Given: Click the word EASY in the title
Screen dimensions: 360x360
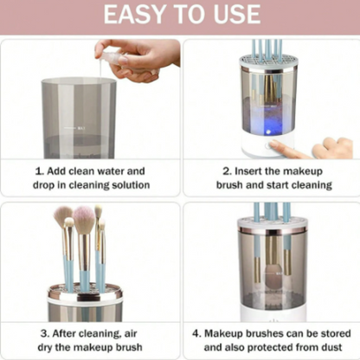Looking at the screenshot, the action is (x=134, y=15).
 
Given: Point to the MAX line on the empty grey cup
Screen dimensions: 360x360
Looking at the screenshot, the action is (x=74, y=127).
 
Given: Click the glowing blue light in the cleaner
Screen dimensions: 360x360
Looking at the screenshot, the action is (x=268, y=132).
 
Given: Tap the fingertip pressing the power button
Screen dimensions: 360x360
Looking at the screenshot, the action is (x=274, y=144).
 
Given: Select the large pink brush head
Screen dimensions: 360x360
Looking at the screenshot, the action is (x=84, y=216).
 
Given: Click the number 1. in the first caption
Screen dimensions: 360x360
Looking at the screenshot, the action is (x=39, y=171).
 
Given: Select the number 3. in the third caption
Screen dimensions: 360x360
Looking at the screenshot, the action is (x=45, y=334).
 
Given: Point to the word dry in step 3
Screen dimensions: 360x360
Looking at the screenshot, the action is (x=45, y=347).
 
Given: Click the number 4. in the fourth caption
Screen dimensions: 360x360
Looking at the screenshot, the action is (x=196, y=334).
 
